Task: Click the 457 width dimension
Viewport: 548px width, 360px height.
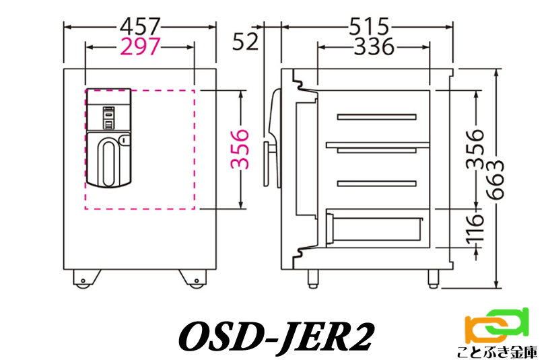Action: [140, 26]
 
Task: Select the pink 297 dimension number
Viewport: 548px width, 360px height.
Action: [140, 46]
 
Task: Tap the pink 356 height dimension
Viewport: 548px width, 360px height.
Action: [240, 149]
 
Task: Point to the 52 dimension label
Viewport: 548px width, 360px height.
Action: [245, 42]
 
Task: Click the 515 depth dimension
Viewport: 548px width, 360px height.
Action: [369, 26]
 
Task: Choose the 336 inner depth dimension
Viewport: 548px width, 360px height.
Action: [374, 46]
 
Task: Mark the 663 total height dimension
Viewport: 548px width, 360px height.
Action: [495, 180]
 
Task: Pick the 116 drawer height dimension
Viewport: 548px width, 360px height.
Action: [475, 228]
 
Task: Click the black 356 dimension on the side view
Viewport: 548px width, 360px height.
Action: [475, 149]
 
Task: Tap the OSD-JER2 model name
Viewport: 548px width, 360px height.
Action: [277, 336]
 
